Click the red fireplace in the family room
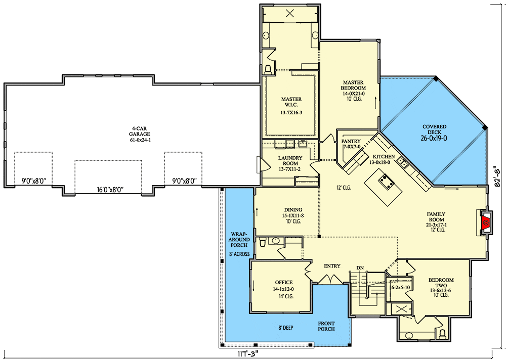pyautogui.click(x=485, y=222)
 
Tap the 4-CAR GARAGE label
pyautogui.click(x=140, y=131)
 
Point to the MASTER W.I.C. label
pyautogui.click(x=291, y=102)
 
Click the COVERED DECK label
pyautogui.click(x=434, y=129)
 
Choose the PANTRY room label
pyautogui.click(x=351, y=141)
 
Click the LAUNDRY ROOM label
pyautogui.click(x=290, y=161)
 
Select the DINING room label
pyautogui.click(x=293, y=210)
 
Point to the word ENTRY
pyautogui.click(x=332, y=266)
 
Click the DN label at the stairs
pyautogui.click(x=360, y=268)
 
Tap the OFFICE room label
pyautogui.click(x=284, y=282)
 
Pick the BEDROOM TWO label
pyautogui.click(x=441, y=283)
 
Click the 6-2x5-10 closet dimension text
pyautogui.click(x=400, y=287)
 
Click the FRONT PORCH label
pyautogui.click(x=326, y=326)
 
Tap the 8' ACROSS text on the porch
pyautogui.click(x=239, y=254)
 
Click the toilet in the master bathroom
pyautogui.click(x=268, y=69)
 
